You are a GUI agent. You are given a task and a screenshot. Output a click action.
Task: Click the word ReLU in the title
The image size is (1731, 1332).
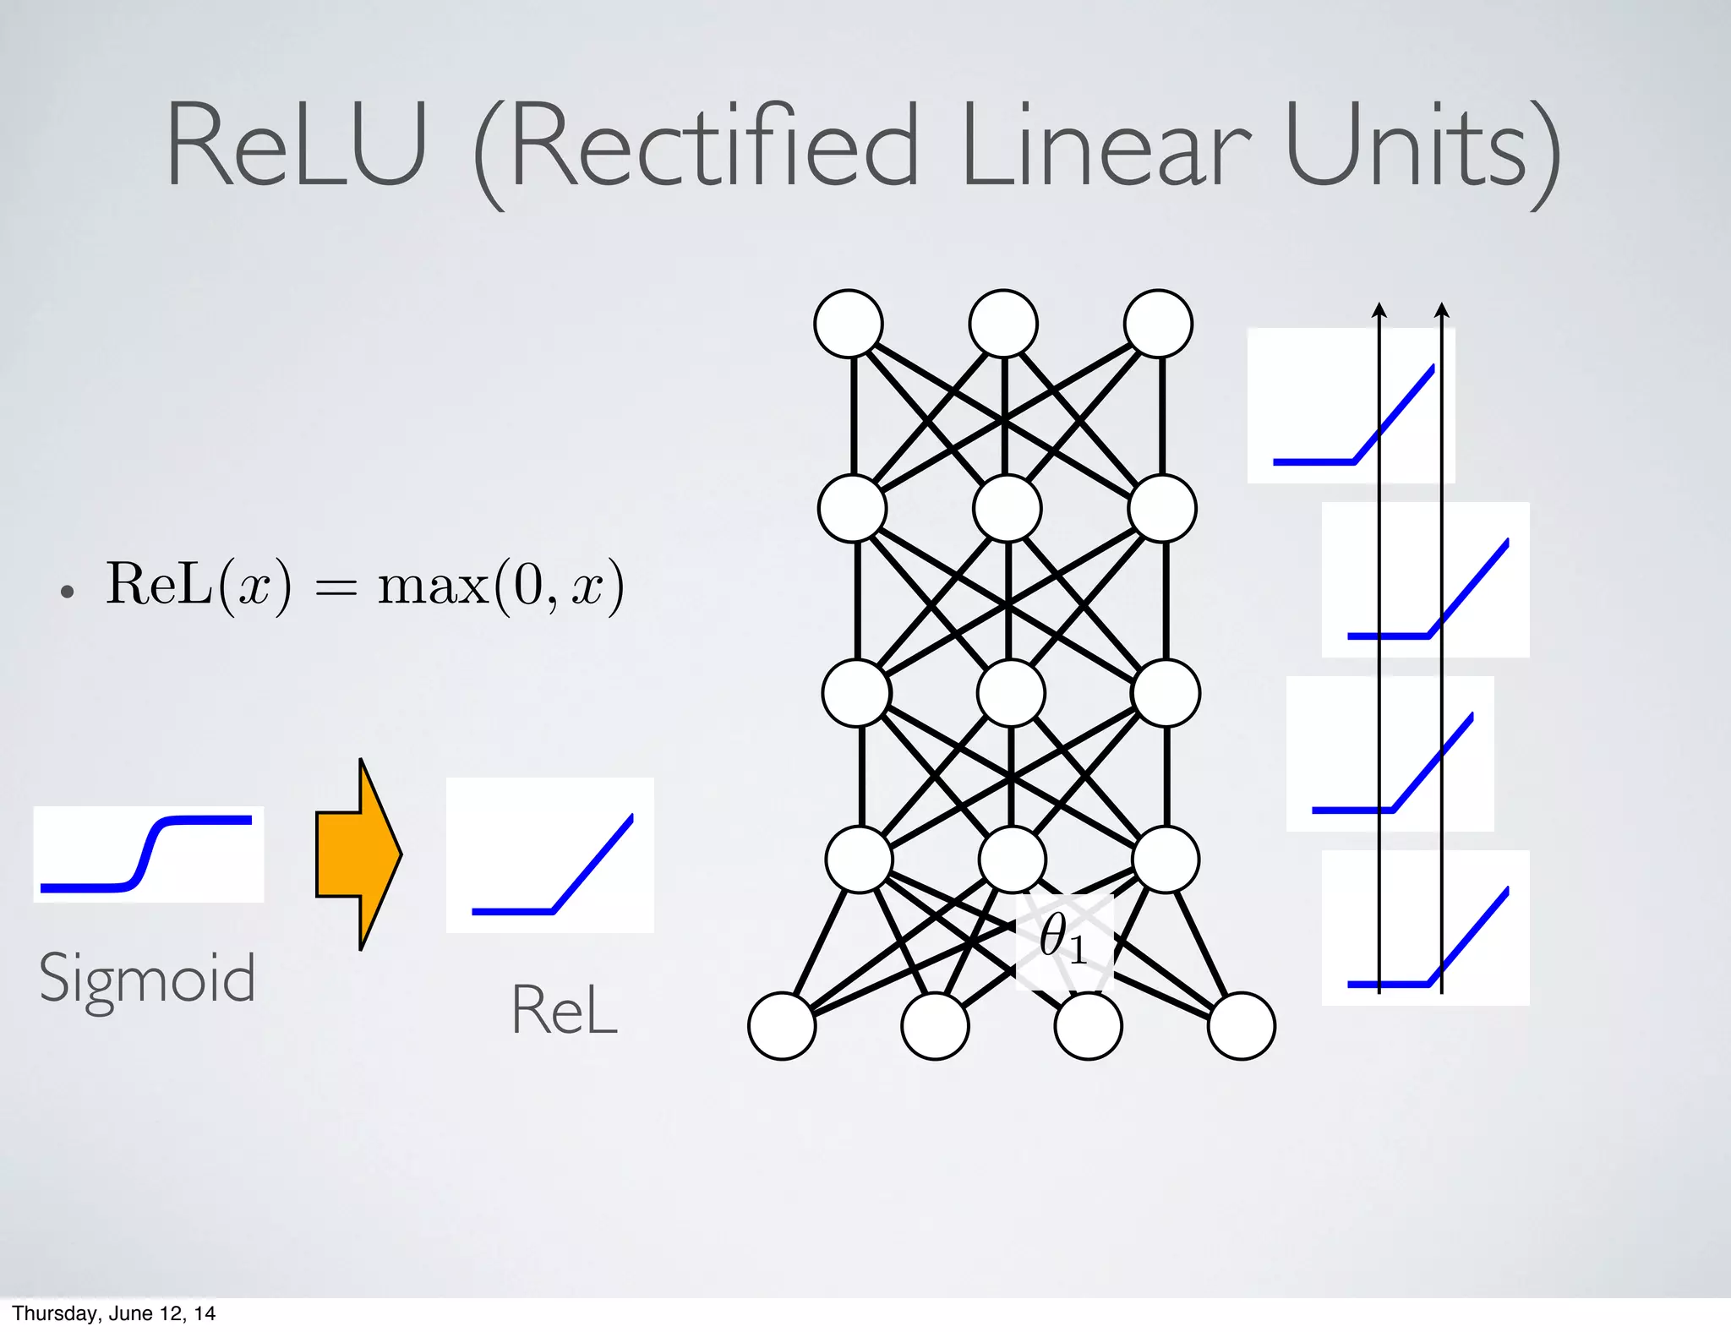(296, 145)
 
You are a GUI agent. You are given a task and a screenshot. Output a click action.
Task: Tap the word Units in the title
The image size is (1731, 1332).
(1407, 145)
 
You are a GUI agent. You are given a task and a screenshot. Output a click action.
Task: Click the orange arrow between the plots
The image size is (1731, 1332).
(358, 854)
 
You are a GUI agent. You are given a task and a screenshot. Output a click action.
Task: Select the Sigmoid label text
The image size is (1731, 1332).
(147, 978)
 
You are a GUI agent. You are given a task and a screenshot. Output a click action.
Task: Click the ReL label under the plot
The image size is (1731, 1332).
(564, 1010)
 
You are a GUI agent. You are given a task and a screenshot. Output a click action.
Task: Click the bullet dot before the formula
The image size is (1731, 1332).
(68, 592)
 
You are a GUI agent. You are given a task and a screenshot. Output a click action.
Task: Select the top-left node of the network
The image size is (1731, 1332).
(849, 324)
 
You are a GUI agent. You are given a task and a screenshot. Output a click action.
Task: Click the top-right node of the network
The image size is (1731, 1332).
(1158, 324)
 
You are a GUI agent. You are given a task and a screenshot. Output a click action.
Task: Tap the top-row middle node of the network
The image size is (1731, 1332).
(1003, 324)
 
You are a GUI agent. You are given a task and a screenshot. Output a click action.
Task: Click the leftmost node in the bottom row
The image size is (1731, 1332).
(782, 1026)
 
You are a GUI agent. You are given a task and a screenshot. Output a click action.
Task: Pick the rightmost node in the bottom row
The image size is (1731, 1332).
(1241, 1026)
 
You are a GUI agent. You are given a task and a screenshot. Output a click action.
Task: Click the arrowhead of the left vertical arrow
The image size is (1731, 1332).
(1379, 310)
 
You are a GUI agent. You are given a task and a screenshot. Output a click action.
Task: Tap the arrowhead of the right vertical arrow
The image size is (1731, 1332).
(1442, 310)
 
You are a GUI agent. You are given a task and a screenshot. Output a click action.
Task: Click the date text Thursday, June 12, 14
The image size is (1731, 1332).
(114, 1313)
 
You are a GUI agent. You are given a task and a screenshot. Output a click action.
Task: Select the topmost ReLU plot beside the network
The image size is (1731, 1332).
(1351, 406)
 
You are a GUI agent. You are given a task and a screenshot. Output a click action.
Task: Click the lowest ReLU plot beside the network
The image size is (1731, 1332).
(1425, 927)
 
